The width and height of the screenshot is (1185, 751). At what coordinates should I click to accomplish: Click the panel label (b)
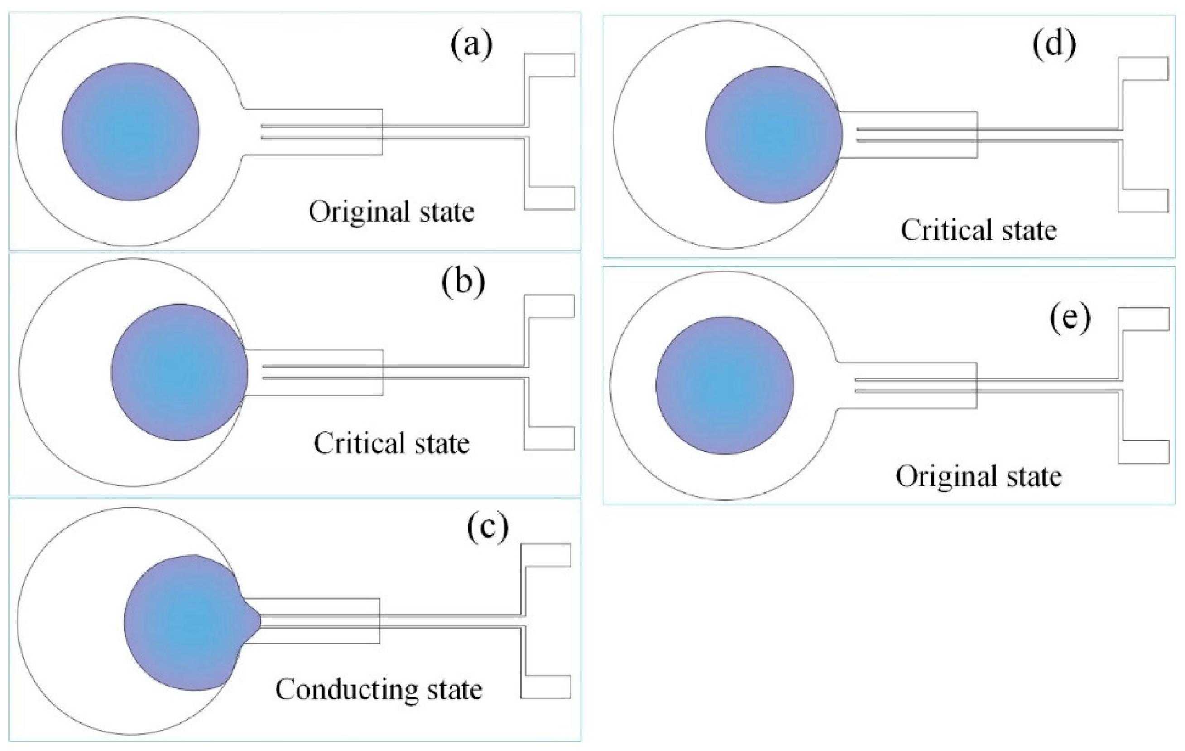[x=463, y=284]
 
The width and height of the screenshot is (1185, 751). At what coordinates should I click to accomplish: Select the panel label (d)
[x=1054, y=45]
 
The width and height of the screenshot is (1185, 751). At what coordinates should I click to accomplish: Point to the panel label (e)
[x=1070, y=319]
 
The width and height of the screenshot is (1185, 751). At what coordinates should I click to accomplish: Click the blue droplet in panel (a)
[x=130, y=131]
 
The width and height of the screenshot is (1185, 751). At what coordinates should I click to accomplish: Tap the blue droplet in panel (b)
[x=180, y=372]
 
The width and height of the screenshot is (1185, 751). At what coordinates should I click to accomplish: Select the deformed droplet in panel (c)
[x=187, y=623]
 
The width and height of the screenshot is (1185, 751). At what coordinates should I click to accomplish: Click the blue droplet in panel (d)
[x=773, y=135]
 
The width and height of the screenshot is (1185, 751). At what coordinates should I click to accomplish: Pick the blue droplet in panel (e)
[x=724, y=386]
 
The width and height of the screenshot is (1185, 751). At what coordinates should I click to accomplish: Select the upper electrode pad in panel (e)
[x=1145, y=319]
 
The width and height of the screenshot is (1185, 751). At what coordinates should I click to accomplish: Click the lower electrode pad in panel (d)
[x=1145, y=201]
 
